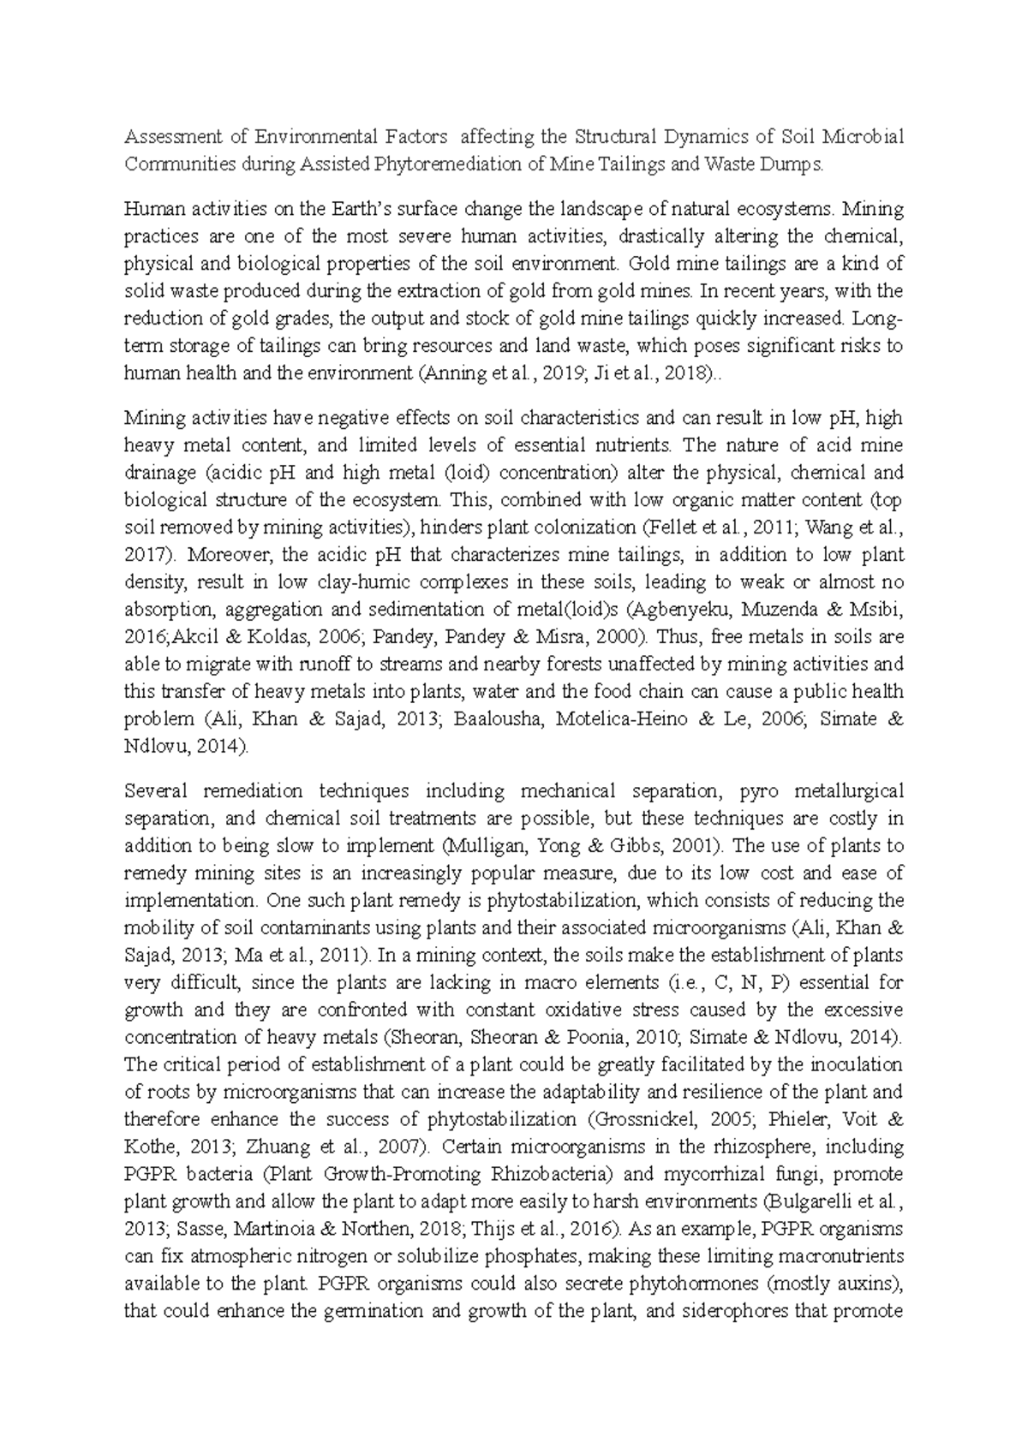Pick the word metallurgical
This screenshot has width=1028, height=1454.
[849, 790]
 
